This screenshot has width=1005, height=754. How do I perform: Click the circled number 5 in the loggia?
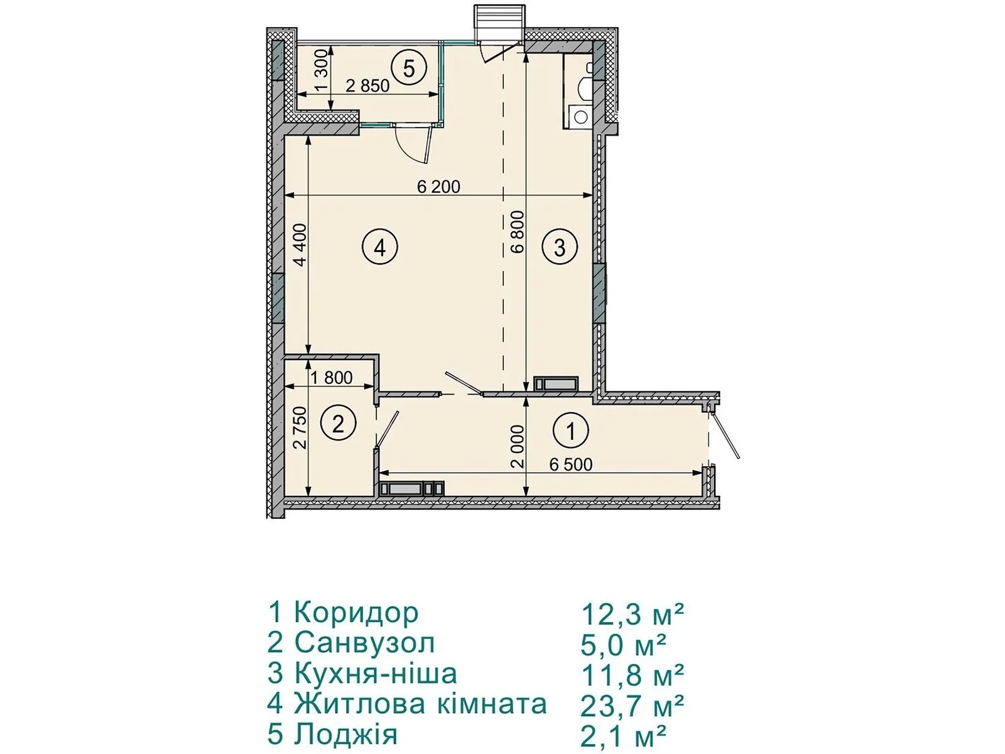408,68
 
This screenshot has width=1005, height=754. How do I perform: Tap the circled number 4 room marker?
379,248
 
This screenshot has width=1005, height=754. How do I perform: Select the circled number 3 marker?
560,248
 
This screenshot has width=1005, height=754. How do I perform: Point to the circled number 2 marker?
338,424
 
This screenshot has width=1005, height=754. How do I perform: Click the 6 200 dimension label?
438,187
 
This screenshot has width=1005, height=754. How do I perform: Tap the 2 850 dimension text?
367,85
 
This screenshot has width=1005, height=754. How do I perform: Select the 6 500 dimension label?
570,464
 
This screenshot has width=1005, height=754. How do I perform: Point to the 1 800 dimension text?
332,377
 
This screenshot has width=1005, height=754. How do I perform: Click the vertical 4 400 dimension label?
300,244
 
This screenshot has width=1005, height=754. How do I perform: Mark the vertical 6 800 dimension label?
518,232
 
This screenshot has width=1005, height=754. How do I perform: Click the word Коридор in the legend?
356,613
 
